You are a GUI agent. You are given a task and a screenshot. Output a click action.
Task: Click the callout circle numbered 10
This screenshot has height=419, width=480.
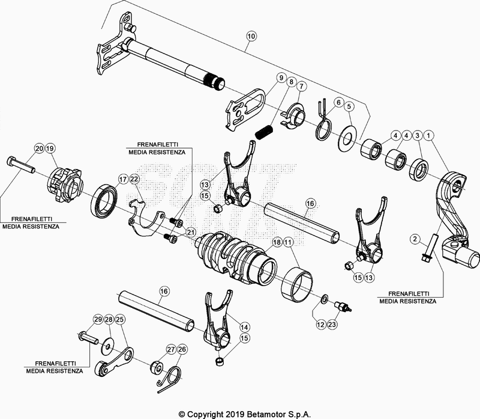click(251, 37)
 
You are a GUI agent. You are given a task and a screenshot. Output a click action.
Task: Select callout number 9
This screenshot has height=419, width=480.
click(280, 78)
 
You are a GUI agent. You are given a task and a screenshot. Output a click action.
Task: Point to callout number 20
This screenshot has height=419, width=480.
click(38, 148)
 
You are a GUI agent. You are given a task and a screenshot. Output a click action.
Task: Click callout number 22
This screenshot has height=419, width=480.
click(134, 179)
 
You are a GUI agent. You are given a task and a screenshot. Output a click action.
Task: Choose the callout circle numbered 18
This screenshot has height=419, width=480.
click(277, 242)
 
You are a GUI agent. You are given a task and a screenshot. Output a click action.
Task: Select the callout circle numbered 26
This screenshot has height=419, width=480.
click(182, 349)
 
